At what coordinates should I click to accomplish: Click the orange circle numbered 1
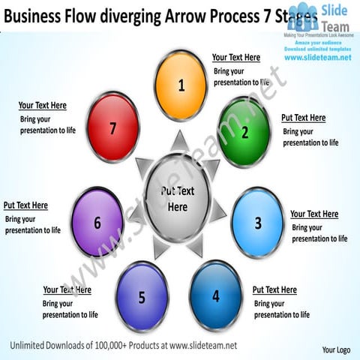(x=181, y=85)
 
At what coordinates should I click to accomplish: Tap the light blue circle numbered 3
(x=257, y=223)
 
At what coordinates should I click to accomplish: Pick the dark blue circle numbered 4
(x=215, y=295)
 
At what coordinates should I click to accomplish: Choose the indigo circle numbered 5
(x=142, y=297)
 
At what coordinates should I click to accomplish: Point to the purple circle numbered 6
(x=97, y=223)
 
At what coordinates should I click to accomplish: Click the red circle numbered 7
(x=112, y=128)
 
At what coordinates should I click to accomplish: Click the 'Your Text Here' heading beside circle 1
(x=236, y=58)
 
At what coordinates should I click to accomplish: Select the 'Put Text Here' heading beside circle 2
(x=303, y=118)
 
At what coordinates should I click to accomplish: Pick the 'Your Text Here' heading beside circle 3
(x=314, y=214)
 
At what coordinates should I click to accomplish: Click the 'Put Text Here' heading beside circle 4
(x=274, y=289)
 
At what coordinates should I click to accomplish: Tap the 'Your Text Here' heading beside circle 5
(x=67, y=289)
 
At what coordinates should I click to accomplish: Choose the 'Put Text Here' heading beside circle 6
(x=25, y=205)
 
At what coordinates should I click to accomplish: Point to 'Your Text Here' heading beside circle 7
(x=43, y=106)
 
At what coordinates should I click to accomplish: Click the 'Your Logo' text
(x=336, y=350)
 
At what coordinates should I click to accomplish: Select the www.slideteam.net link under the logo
(x=318, y=58)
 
